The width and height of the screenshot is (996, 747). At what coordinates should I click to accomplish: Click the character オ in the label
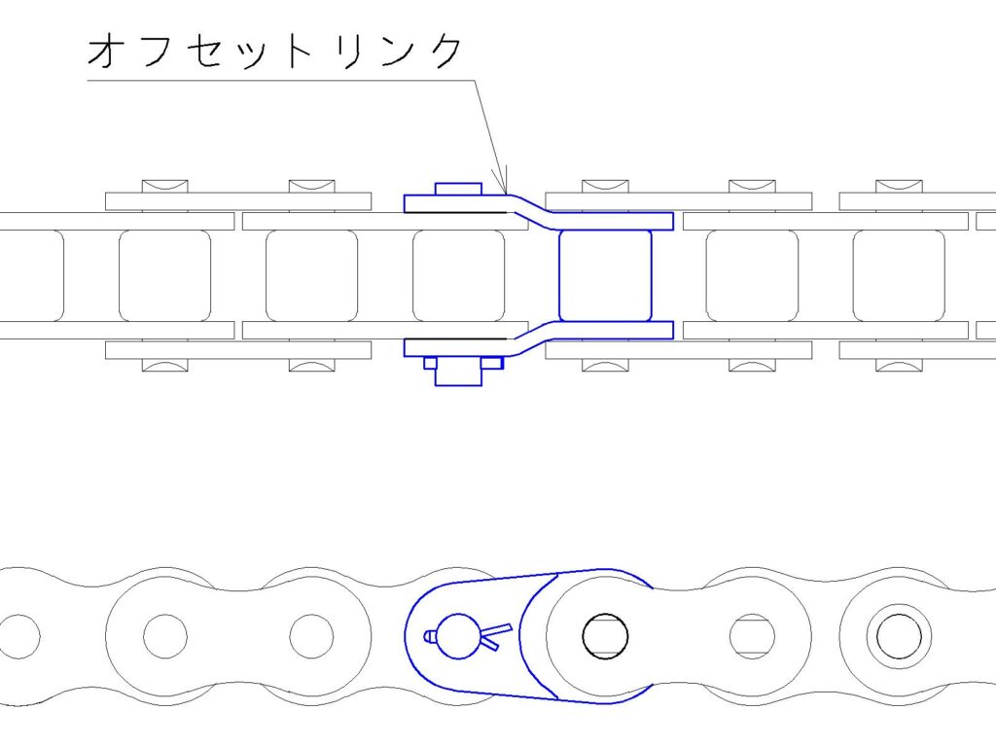[104, 51]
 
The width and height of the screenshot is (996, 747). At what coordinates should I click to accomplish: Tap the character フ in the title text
[153, 50]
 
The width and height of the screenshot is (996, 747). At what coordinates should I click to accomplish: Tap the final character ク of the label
[444, 50]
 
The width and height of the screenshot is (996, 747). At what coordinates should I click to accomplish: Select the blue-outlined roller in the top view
[605, 275]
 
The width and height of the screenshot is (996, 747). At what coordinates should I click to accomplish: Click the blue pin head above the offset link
[458, 189]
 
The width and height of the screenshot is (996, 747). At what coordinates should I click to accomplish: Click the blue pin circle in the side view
[459, 636]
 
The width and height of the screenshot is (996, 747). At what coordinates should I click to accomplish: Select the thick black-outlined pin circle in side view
[605, 636]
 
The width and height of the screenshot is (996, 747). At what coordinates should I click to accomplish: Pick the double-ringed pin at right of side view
[899, 636]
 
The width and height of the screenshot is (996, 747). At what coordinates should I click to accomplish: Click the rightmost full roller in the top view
[899, 275]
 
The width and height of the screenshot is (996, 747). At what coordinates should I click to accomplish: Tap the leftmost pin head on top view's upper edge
[164, 186]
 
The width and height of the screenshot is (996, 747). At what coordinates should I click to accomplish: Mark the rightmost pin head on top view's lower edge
[899, 366]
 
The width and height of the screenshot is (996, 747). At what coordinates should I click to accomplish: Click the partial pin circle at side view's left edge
[19, 636]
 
